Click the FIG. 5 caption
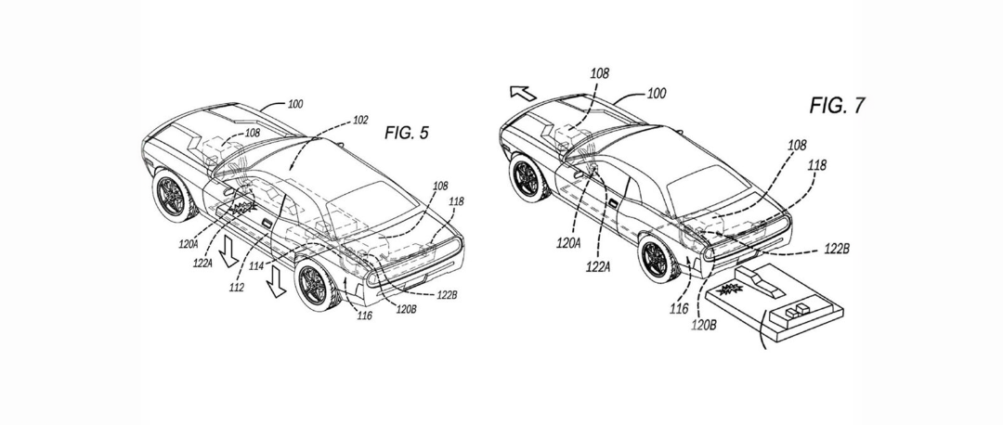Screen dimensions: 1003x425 coord(406,133)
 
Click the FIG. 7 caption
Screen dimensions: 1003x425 coord(838,106)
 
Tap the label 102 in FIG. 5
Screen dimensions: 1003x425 coord(360,120)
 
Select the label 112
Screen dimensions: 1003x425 coord(236,288)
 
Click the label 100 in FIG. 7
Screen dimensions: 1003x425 coord(657,94)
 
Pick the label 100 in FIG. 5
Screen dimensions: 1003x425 coord(295,104)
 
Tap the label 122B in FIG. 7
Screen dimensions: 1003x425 coord(836,250)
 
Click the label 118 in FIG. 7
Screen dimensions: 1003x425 coord(817,165)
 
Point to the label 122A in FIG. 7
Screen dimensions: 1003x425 coord(598,266)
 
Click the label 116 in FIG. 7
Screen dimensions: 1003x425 coord(679,309)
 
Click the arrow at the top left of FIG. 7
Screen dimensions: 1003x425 coord(524,93)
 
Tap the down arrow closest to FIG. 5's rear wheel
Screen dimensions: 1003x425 coord(277,282)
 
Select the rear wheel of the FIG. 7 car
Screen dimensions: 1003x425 coord(659,260)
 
